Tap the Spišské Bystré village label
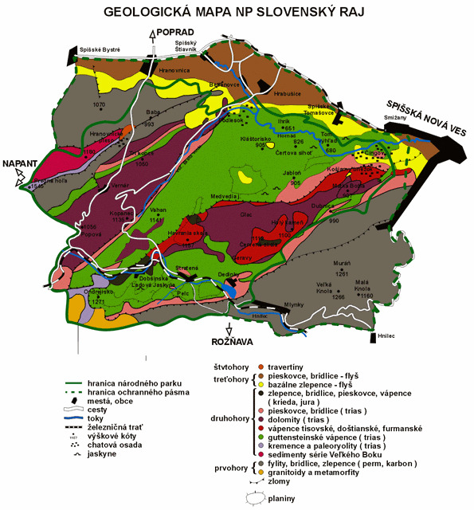point(100,49)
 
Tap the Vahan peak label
point(156,209)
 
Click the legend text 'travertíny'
point(284,367)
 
